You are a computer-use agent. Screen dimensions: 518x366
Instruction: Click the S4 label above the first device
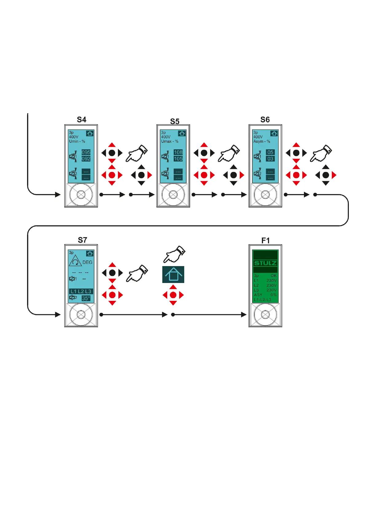tap(81, 120)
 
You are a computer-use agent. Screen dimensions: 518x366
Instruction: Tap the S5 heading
tap(175, 122)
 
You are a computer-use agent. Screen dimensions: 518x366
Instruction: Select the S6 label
tap(265, 120)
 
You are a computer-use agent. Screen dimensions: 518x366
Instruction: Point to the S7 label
tap(82, 240)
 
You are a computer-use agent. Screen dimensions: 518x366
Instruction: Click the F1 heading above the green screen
tap(266, 241)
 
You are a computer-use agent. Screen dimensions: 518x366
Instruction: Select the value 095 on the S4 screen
tap(86, 152)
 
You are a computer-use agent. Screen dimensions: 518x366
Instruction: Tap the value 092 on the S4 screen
tap(86, 159)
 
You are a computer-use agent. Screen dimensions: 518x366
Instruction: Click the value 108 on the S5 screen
tap(178, 152)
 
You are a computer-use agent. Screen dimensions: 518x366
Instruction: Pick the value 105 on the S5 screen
tap(178, 159)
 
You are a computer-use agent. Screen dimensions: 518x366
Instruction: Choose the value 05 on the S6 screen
tap(270, 152)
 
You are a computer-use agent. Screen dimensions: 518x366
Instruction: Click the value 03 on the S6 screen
tap(270, 159)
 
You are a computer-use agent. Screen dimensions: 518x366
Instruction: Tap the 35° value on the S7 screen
tap(86, 298)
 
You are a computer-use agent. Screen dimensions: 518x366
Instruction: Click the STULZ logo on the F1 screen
tap(265, 263)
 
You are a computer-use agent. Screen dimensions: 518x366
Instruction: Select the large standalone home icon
tap(173, 274)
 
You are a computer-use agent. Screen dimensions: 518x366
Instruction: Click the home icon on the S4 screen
tap(90, 133)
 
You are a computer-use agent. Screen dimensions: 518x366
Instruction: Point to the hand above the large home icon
tap(174, 254)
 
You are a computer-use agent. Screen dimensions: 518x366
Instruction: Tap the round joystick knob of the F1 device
tap(265, 315)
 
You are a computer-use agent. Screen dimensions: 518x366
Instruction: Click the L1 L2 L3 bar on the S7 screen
tap(81, 291)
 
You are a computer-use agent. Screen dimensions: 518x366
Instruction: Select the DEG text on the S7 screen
tap(87, 262)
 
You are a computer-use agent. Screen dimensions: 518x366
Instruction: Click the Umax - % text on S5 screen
tap(170, 141)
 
